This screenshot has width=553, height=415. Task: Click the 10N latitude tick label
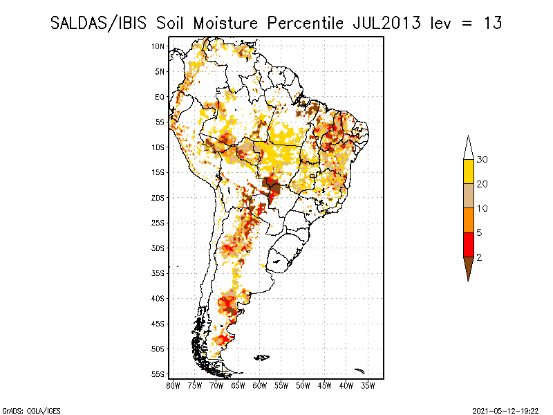tap(158, 46)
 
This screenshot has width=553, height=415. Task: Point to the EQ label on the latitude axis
tap(160, 97)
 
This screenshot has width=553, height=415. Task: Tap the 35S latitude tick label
tap(158, 273)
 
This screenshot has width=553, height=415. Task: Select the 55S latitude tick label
tap(158, 374)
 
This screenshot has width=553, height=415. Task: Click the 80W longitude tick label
tap(173, 385)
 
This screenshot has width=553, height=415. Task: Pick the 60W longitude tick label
tap(260, 385)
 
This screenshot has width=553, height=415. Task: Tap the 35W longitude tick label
tap(368, 385)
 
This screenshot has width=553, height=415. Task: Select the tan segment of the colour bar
tap(468, 196)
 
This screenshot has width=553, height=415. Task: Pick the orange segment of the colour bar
tap(468, 220)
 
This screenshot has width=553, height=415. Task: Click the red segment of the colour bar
tap(468, 244)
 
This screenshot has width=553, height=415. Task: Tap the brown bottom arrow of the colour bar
tap(468, 268)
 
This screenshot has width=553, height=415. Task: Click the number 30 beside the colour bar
tap(482, 160)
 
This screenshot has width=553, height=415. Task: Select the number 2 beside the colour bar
tap(479, 257)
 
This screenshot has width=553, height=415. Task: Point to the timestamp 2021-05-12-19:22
tap(506, 409)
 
